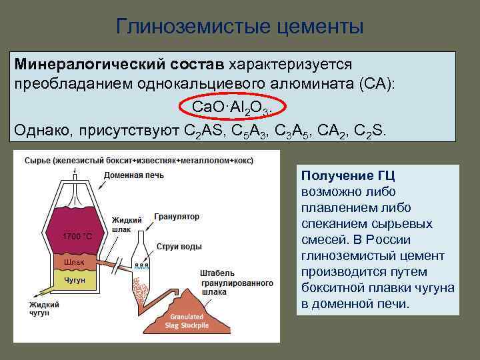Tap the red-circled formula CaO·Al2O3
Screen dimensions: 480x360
click(x=233, y=107)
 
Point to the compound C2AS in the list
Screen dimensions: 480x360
click(x=206, y=129)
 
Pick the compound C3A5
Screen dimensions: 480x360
click(x=294, y=129)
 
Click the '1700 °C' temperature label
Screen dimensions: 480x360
click(x=77, y=237)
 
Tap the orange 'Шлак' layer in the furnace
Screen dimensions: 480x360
click(x=74, y=262)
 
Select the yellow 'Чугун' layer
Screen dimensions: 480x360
click(x=74, y=281)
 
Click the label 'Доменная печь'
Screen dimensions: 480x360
click(x=132, y=175)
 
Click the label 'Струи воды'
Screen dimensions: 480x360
click(x=179, y=247)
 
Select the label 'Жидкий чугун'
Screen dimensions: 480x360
click(x=43, y=309)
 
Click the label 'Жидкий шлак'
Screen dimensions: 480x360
click(x=125, y=224)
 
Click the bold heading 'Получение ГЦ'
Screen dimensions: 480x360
click(x=348, y=176)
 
